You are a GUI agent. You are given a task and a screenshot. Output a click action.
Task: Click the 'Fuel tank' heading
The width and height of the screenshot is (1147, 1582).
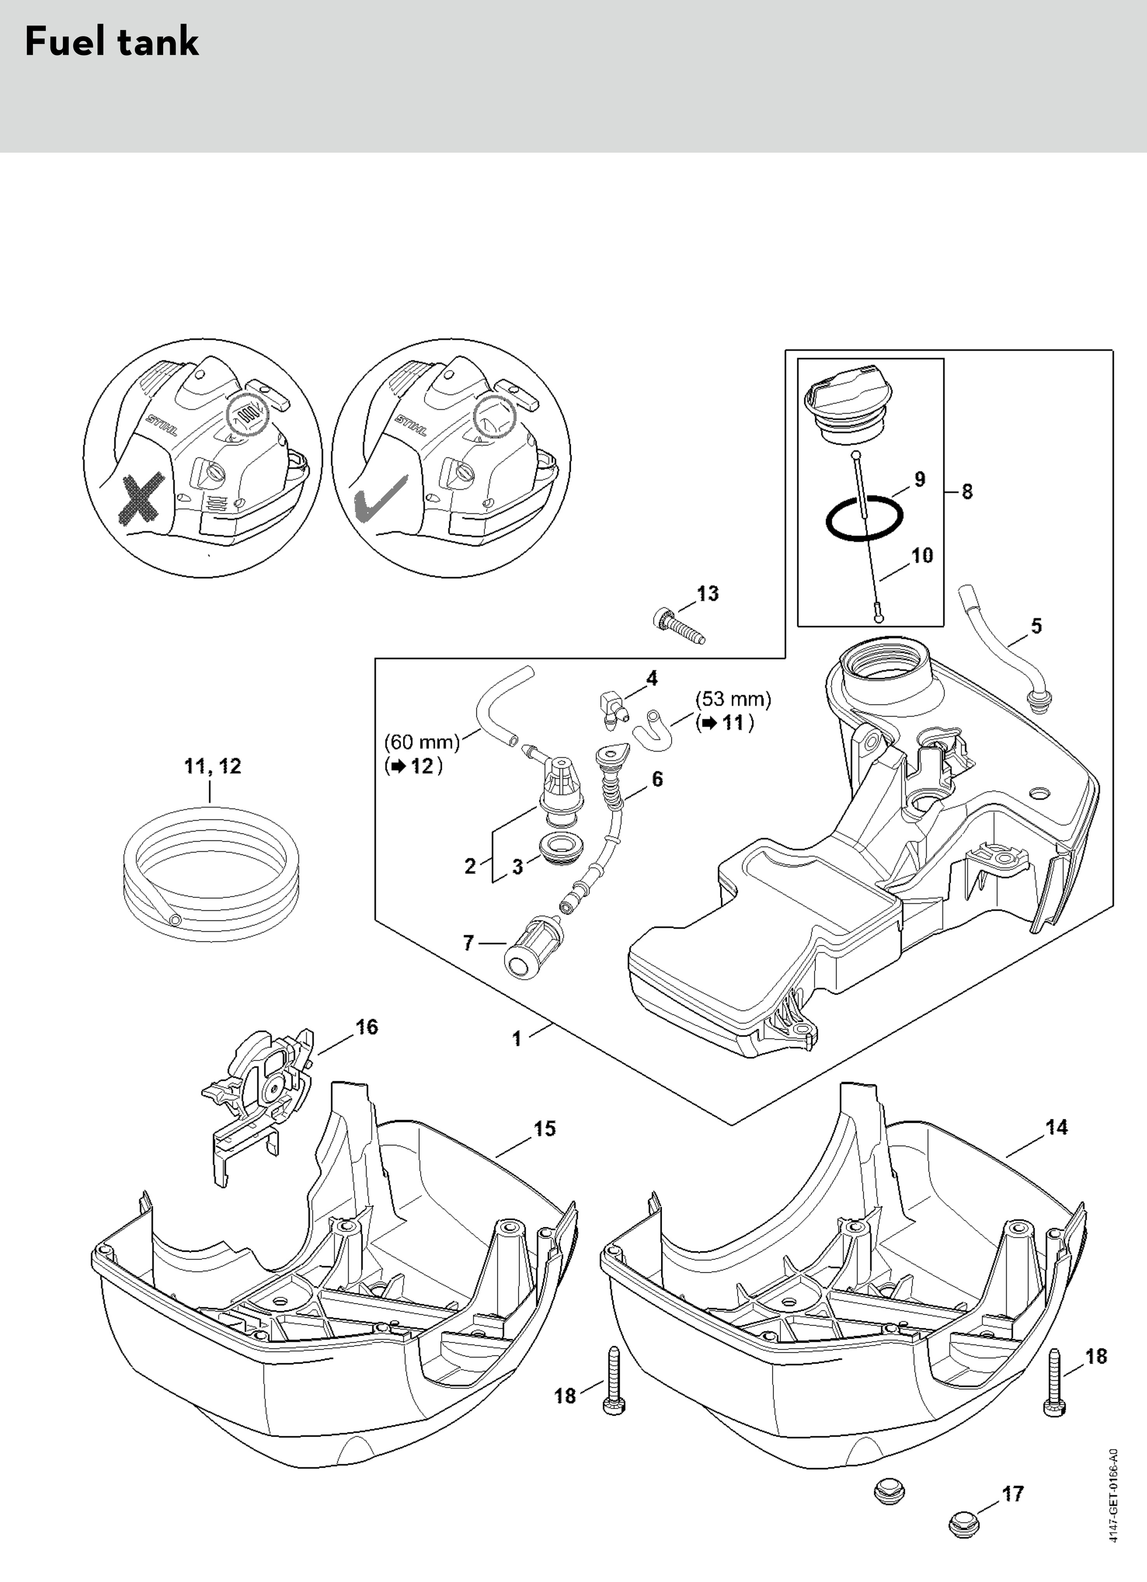point(112,42)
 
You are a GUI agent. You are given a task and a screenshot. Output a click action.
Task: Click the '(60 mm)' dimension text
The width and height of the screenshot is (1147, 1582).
point(422,742)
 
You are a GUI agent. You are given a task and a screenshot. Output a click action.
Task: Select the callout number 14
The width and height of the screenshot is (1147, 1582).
point(1057,1127)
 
